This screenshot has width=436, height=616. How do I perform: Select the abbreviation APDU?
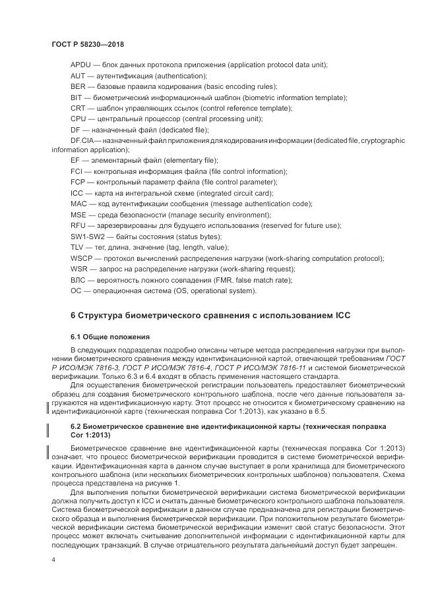[80, 66]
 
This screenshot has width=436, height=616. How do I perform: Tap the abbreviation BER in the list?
[77, 87]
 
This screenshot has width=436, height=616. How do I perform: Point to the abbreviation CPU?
[78, 119]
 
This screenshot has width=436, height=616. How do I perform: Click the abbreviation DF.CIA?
[82, 140]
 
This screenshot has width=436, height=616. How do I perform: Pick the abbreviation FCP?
[78, 182]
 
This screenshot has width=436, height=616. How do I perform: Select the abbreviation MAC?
[78, 204]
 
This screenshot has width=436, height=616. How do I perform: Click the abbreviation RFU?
[78, 225]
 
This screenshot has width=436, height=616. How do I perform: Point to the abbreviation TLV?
[77, 247]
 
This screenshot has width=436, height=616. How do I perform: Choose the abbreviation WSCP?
[81, 258]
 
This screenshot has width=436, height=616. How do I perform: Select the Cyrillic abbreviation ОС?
[76, 291]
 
